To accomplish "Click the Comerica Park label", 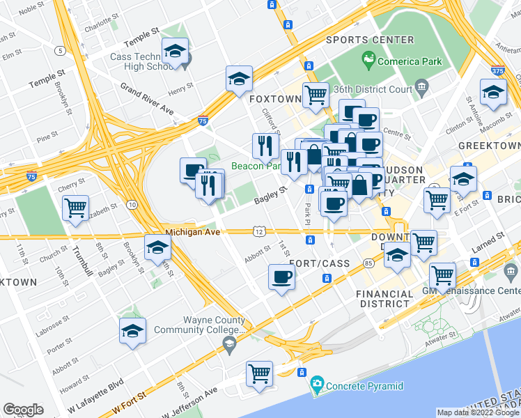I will (x=409, y=61).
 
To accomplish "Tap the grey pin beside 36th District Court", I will (x=421, y=88).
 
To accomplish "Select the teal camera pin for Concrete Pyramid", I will (x=317, y=383).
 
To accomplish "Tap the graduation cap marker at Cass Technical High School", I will (x=175, y=51).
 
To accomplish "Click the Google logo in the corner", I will (x=23, y=410).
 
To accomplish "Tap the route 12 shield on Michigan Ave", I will (x=258, y=231).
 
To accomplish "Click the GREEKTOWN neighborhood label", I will (x=489, y=145).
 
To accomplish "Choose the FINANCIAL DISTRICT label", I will (x=384, y=299).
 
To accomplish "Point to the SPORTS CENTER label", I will (x=369, y=40).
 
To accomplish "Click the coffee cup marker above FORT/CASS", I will (x=281, y=277).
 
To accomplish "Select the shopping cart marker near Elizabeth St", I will (x=75, y=207).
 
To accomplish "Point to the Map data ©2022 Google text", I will (x=477, y=412).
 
